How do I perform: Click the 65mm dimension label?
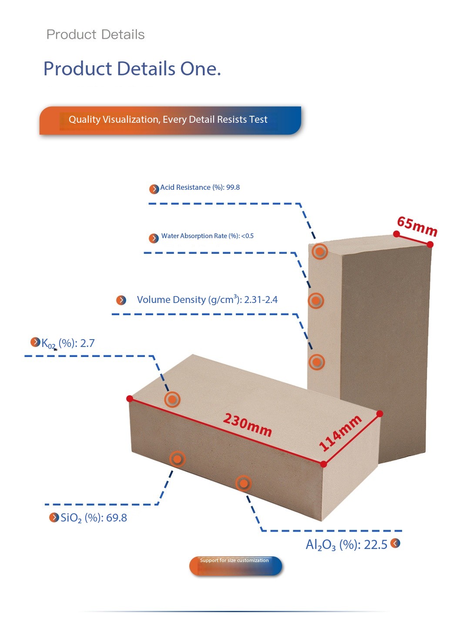click(417, 226)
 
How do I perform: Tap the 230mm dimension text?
click(248, 425)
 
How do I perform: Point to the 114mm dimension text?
click(340, 433)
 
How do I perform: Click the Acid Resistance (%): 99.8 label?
click(200, 187)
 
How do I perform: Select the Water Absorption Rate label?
click(207, 236)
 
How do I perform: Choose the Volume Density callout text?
click(207, 300)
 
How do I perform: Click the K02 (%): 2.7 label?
click(68, 343)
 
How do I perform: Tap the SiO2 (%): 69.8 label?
click(94, 518)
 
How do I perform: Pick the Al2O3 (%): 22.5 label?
click(346, 545)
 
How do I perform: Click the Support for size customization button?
click(235, 566)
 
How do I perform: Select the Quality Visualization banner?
click(170, 120)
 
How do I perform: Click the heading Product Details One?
click(132, 69)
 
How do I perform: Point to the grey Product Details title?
click(95, 34)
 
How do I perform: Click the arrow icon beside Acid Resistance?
click(154, 189)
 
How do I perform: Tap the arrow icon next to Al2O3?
click(395, 543)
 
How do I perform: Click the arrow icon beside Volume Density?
click(121, 300)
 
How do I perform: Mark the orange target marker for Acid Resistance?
click(320, 251)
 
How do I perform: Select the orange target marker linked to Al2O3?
click(244, 483)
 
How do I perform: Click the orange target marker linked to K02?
click(172, 399)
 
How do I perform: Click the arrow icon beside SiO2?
click(54, 517)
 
